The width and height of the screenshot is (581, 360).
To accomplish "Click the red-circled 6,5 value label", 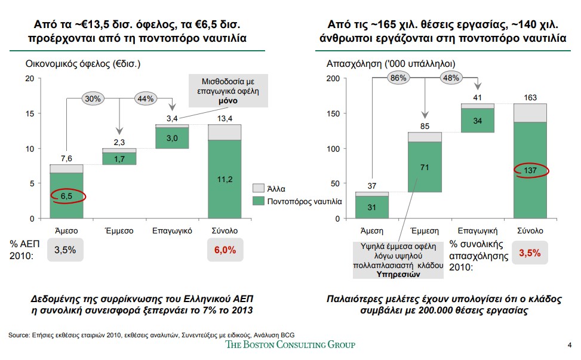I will tap(67, 195).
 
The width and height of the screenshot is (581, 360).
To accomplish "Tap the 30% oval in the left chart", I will tap(93, 99).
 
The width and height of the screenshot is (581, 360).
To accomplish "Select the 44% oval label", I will tap(146, 99).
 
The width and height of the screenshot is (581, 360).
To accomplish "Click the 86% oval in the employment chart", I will tap(398, 78).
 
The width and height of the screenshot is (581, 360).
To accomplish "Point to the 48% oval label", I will tap(451, 78).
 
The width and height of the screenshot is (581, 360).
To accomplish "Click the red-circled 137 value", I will tap(531, 171).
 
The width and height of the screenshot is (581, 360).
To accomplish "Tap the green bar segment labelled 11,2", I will tap(224, 179).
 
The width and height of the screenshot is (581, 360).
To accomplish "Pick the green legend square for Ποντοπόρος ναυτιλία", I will tap(257, 202).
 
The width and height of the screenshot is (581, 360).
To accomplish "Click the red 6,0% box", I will tap(225, 250).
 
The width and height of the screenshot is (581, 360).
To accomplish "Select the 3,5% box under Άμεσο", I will tap(65, 250).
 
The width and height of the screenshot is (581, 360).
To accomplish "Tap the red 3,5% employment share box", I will tap(530, 253).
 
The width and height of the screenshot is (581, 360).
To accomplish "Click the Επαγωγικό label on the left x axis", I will tap(172, 230).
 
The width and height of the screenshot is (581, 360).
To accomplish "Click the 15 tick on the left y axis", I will tap(30, 113).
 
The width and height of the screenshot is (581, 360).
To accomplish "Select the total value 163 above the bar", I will tap(530, 97).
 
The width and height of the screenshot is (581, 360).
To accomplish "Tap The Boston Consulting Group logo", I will tap(290, 344).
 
